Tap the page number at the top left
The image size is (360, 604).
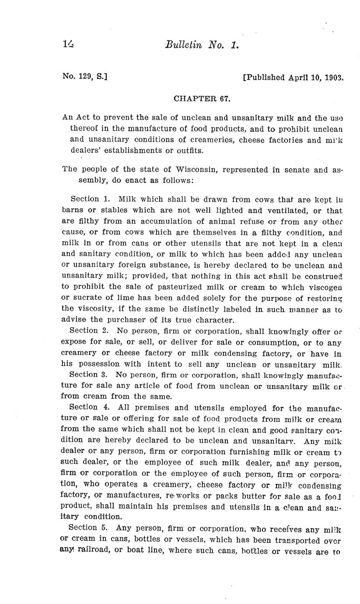click(68, 44)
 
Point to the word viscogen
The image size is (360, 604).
click(325, 287)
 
